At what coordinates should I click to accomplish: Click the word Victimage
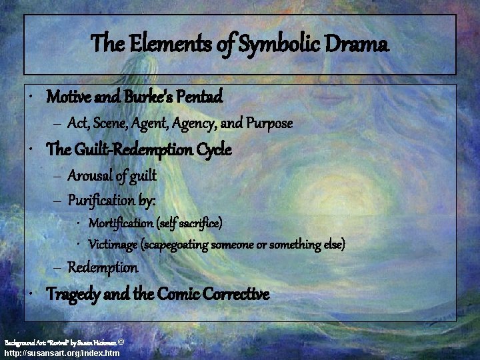coord(114,245)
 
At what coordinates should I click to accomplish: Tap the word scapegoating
coord(176,245)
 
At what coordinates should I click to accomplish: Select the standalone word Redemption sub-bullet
coord(103,267)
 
